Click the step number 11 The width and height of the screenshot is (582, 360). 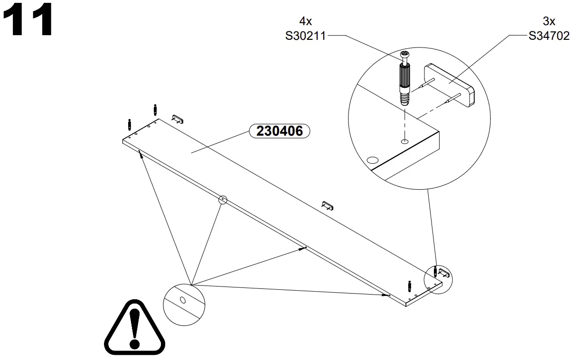click(28, 20)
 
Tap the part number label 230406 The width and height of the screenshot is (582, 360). click(279, 131)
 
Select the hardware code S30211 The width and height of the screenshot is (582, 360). click(305, 36)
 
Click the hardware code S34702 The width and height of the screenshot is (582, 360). click(549, 36)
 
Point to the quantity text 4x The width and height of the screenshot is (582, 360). click(305, 21)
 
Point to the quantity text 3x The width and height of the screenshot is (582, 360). click(549, 21)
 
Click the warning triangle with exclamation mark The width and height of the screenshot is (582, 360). click(135, 328)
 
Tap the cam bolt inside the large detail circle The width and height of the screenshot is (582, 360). click(404, 81)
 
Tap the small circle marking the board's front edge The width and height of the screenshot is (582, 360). click(223, 200)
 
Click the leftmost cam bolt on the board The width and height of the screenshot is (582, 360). click(129, 125)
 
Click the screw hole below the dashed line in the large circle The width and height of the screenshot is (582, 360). click(404, 141)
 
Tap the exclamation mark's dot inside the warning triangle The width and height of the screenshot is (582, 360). click(135, 342)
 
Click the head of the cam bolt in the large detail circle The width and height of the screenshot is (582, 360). click(404, 56)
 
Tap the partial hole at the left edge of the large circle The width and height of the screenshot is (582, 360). click(373, 160)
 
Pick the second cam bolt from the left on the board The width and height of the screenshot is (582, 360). click(155, 109)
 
